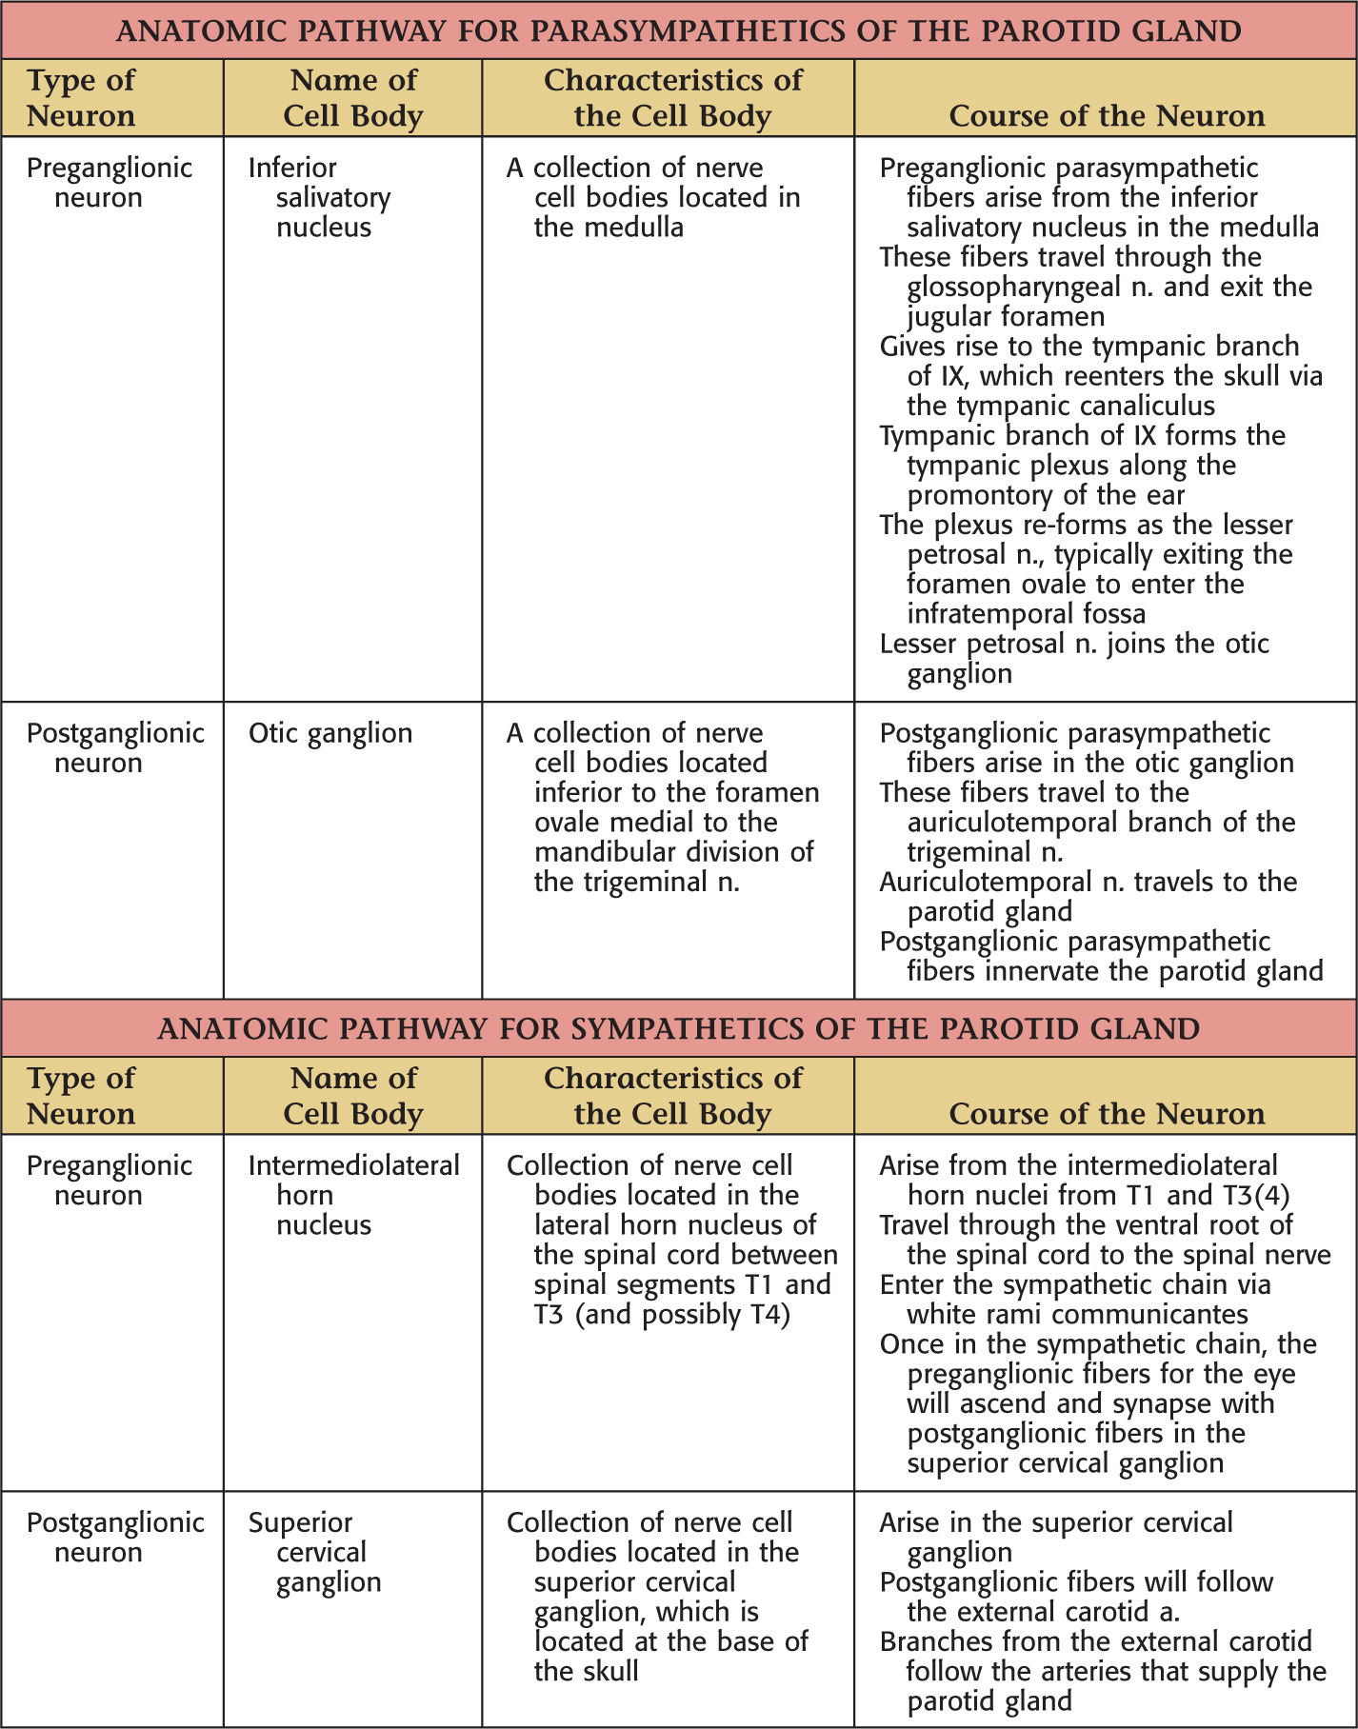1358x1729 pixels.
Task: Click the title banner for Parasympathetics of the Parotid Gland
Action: point(678,30)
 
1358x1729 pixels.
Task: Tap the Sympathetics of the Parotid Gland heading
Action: point(678,1028)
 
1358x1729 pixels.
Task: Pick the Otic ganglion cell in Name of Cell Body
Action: point(330,733)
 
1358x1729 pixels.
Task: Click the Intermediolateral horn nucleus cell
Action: point(353,1195)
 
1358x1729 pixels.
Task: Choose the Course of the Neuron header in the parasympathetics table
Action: point(1107,116)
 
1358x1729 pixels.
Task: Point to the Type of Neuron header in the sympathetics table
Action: point(81,1096)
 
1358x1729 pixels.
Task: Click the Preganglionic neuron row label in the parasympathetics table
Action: point(109,183)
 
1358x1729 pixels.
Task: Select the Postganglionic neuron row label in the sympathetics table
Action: point(114,1537)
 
